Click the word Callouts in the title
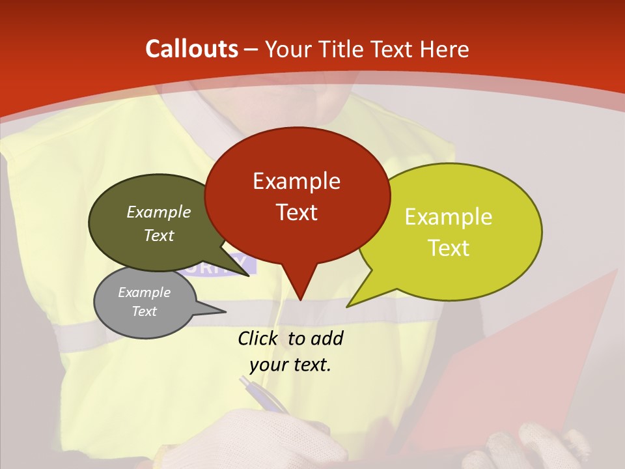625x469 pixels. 191,49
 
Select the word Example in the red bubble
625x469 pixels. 296,181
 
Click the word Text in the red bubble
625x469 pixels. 296,212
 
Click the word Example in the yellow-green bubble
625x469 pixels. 449,217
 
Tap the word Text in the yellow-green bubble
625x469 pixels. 449,248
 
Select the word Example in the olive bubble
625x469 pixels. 159,212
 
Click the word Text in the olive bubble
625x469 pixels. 159,236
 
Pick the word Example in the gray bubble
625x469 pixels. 144,292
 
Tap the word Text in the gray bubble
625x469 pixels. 144,311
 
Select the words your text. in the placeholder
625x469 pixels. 290,365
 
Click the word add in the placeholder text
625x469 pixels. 326,338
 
